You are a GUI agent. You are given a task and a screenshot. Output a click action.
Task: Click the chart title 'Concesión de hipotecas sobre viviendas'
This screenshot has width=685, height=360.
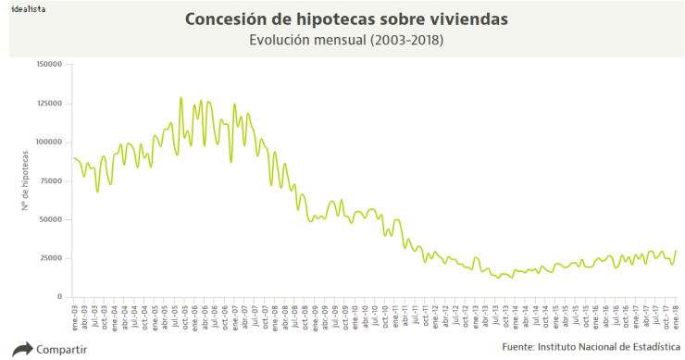359,19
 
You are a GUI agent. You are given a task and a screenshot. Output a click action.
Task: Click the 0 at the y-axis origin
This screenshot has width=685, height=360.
60,296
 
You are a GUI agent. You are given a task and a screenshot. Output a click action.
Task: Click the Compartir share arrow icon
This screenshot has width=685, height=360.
20,349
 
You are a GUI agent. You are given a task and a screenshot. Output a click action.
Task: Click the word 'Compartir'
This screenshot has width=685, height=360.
61,350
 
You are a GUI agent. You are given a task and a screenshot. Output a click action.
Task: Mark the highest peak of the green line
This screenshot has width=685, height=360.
181,97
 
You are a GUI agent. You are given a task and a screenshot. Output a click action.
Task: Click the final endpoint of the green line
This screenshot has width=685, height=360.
676,251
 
